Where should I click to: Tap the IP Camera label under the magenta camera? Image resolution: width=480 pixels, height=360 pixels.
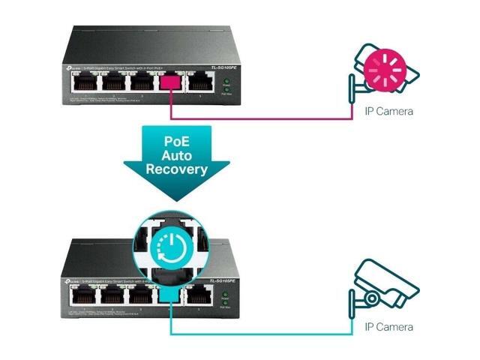388,112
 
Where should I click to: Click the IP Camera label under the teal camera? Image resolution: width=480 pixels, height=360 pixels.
388,328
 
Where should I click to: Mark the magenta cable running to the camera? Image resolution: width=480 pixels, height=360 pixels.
262,118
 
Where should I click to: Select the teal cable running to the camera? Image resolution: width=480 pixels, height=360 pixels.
262,334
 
